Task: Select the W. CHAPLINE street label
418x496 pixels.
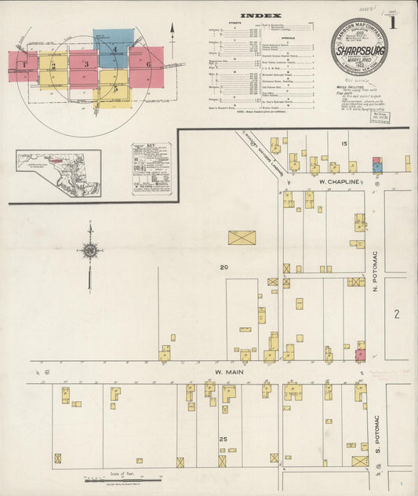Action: coord(339,181)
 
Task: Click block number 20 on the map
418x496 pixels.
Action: coord(224,268)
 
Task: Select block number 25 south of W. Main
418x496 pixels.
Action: coord(224,438)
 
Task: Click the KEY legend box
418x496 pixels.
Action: coord(149,168)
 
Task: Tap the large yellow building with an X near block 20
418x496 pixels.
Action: coord(242,237)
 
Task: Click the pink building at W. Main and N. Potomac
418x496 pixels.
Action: coord(361,355)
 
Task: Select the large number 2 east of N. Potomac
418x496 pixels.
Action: coord(397,314)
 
